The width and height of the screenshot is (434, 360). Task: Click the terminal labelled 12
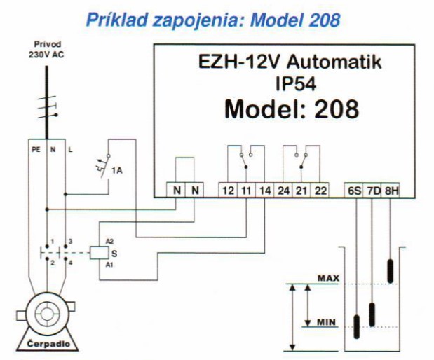[x=228, y=191]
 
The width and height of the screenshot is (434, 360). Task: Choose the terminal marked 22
[x=320, y=191]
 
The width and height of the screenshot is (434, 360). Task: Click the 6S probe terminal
[x=355, y=191]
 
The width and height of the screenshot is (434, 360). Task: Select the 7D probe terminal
[x=372, y=191]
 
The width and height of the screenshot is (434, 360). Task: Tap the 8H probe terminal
[x=390, y=191]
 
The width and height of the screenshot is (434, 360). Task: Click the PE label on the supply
[x=33, y=149]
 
